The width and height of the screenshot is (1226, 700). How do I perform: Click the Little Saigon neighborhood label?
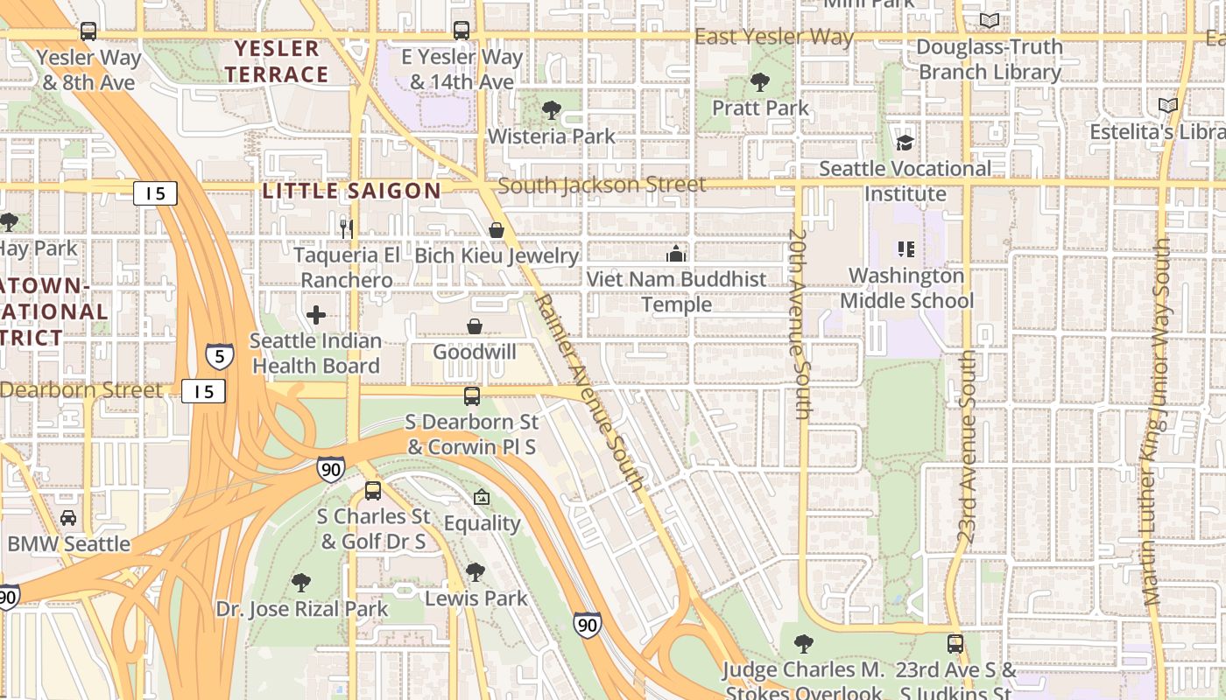352,191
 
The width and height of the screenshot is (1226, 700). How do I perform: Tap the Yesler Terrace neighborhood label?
277,61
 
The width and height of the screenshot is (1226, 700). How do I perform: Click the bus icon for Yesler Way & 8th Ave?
88,31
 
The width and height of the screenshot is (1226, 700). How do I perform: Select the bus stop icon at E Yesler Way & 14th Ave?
462,31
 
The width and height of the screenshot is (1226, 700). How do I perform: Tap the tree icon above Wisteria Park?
552,110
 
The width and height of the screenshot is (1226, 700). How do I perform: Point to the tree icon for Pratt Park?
760,82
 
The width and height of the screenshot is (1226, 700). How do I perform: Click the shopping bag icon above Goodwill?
474,326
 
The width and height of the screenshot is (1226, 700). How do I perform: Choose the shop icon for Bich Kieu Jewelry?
497,230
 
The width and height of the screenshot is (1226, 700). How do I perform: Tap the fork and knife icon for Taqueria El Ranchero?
347,229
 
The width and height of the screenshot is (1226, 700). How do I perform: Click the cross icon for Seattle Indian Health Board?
316,315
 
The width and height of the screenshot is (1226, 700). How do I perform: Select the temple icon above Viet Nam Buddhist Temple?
675,254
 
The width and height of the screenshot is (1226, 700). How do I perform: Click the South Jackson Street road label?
602,185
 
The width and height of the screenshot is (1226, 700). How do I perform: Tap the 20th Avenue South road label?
798,325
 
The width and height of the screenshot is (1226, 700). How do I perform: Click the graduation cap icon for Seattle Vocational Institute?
905,143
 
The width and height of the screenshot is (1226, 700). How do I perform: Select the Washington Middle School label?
906,288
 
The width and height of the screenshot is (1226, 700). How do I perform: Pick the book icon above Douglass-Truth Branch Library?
990,21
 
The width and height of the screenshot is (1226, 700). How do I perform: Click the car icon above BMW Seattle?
68,518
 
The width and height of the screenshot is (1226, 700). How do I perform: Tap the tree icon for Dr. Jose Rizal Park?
301,582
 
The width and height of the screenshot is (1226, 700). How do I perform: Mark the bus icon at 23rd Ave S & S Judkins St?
955,644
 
